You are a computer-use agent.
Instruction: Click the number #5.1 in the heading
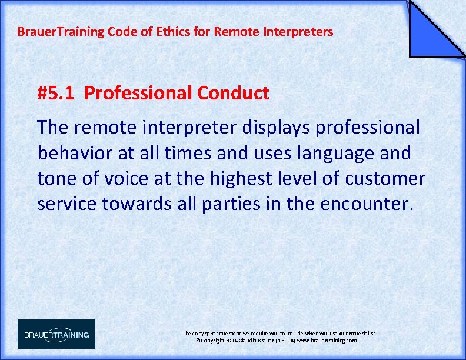point(56,93)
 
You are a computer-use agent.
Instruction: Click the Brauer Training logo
point(56,334)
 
